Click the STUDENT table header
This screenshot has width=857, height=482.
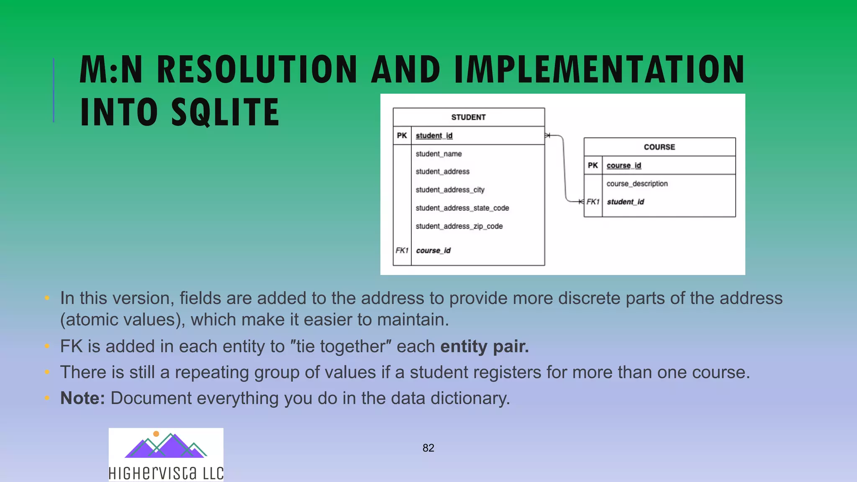[x=468, y=118]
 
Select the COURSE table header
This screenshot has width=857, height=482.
[x=659, y=147]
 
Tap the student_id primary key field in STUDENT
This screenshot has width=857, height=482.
[x=434, y=136]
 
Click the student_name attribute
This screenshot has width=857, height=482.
[x=439, y=154]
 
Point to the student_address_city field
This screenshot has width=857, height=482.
[x=450, y=190]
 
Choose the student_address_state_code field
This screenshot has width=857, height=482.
[x=462, y=208]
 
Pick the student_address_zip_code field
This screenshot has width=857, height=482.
[x=459, y=226]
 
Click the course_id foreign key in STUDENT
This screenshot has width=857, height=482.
[x=433, y=251]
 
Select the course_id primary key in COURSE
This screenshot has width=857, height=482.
[x=624, y=166]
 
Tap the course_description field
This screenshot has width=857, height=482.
[x=637, y=184]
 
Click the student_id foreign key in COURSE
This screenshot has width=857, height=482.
[x=625, y=202]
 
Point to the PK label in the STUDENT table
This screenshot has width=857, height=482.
[x=402, y=136]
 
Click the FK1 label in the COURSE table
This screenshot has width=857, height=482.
[x=593, y=202]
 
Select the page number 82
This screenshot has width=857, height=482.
[x=428, y=448]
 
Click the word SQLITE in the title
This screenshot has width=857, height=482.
[x=225, y=112]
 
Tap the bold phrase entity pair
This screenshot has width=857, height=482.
[x=485, y=346]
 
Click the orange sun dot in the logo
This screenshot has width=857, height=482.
[x=156, y=434]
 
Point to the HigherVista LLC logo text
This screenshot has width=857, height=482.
[x=166, y=473]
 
